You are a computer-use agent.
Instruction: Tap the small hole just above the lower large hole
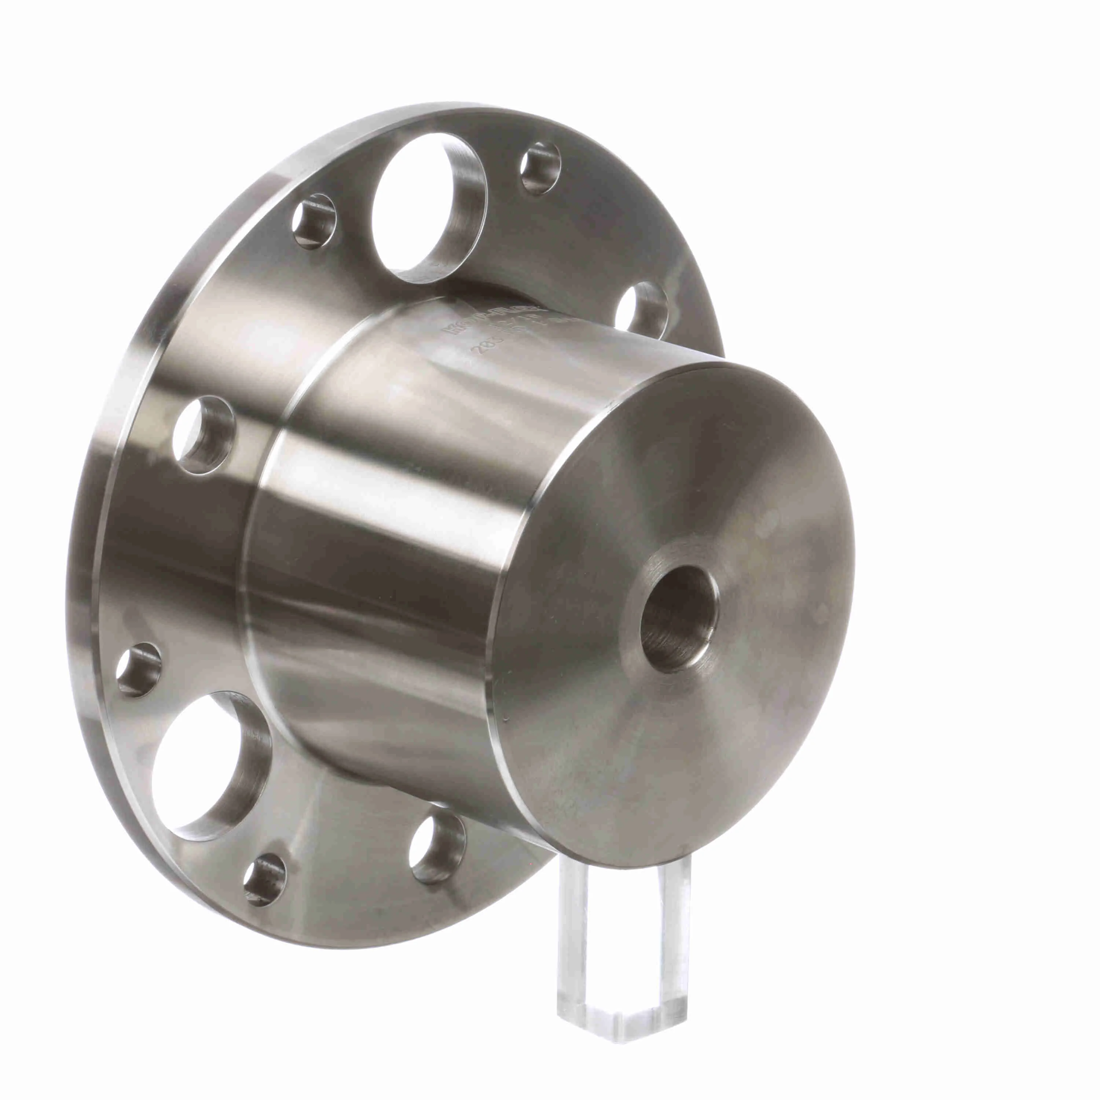click(138, 670)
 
